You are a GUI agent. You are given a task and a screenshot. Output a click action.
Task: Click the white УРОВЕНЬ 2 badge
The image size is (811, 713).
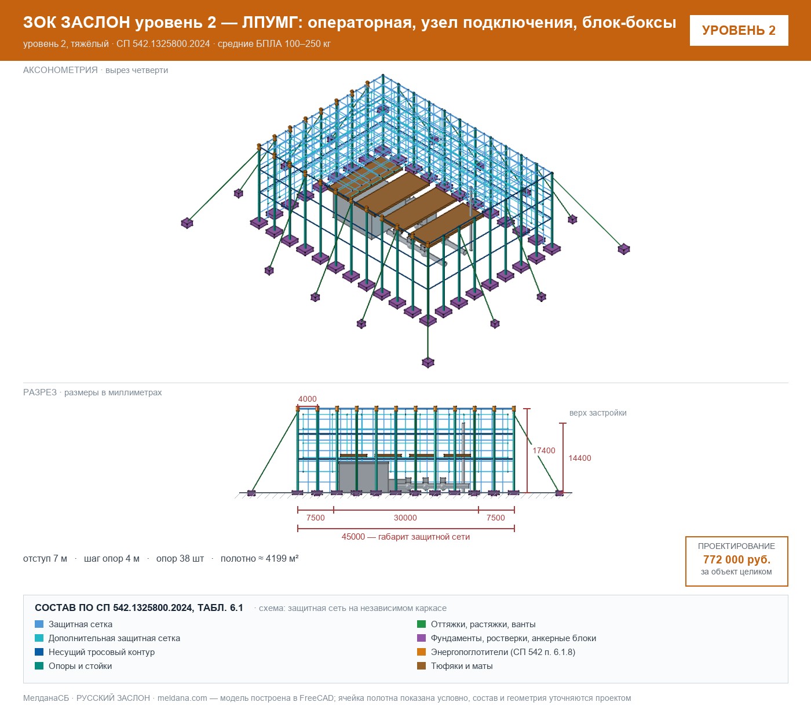pyautogui.click(x=739, y=31)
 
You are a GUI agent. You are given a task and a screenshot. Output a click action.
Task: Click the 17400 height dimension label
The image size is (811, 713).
pyautogui.click(x=543, y=450)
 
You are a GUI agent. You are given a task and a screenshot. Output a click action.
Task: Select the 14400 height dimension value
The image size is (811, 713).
pyautogui.click(x=580, y=458)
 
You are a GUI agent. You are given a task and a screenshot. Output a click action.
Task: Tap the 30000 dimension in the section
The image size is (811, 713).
pyautogui.click(x=405, y=518)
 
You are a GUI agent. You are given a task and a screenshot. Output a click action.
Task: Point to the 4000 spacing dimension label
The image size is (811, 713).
pyautogui.click(x=307, y=399)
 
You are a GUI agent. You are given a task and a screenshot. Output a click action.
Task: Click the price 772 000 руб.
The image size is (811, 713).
pyautogui.click(x=736, y=559)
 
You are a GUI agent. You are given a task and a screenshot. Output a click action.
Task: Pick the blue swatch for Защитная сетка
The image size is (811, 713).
pyautogui.click(x=39, y=624)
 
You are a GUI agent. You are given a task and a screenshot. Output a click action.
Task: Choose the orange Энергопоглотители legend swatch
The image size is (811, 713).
pyautogui.click(x=421, y=652)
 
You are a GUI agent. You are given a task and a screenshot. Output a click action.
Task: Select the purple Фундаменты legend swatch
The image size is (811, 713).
pyautogui.click(x=421, y=638)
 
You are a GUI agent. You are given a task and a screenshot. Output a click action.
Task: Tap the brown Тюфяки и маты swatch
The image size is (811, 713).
pyautogui.click(x=421, y=665)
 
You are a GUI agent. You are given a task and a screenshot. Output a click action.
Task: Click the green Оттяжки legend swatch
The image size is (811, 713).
pyautogui.click(x=421, y=624)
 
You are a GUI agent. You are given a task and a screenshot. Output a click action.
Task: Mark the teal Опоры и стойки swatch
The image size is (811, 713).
pyautogui.click(x=39, y=665)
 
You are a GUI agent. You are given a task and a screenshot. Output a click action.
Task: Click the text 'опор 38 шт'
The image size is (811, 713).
pyautogui.click(x=180, y=558)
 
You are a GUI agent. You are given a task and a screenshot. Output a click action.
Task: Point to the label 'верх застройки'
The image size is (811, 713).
pyautogui.click(x=598, y=413)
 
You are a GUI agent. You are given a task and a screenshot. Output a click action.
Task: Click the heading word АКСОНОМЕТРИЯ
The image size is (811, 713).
pyautogui.click(x=60, y=70)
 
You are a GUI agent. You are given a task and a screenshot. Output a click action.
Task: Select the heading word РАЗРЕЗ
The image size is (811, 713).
pyautogui.click(x=40, y=392)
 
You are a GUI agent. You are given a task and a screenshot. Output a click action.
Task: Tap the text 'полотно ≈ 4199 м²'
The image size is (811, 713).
pyautogui.click(x=260, y=558)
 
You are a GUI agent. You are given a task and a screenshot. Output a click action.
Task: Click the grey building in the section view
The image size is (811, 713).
pyautogui.click(x=363, y=476)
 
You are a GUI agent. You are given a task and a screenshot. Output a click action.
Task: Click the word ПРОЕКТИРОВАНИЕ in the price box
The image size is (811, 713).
pyautogui.click(x=736, y=546)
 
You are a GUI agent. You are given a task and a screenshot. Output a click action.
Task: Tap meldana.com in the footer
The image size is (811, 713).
pyautogui.click(x=182, y=698)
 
